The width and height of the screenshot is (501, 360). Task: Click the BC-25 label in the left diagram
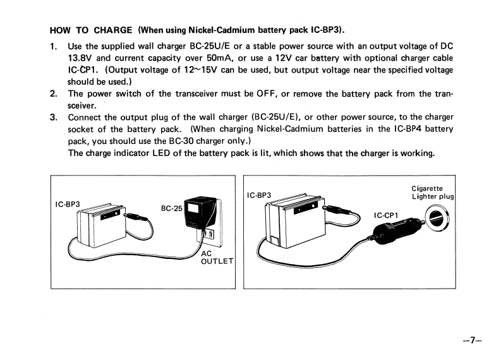coord(171,208)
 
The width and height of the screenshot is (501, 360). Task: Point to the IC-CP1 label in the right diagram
coord(385,215)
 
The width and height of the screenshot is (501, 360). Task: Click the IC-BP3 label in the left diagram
coord(68,204)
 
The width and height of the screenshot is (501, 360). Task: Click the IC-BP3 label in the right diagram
coord(259,195)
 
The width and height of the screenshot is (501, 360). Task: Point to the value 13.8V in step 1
coord(80,58)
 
